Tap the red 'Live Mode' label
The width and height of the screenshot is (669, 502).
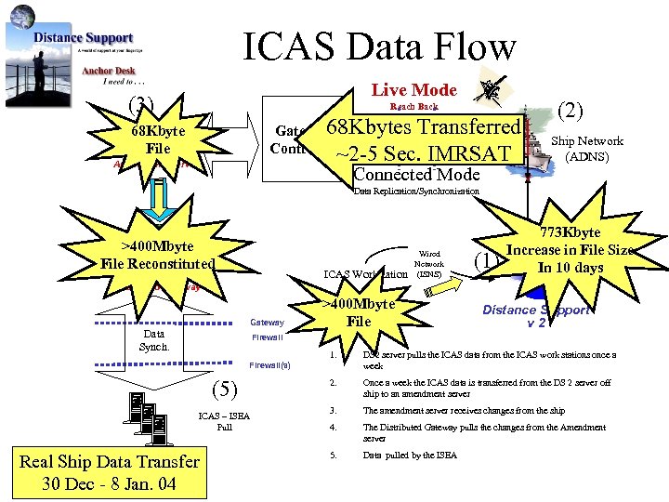[413, 89]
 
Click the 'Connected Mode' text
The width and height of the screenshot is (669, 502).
[416, 175]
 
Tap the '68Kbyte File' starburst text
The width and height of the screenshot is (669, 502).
[158, 139]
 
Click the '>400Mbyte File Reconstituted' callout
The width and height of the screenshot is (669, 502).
[158, 255]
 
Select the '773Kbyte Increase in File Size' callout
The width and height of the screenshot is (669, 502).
[584, 250]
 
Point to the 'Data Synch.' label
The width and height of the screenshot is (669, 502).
[153, 339]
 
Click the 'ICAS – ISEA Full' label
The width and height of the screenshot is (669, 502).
[224, 421]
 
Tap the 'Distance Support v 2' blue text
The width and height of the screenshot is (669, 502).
[537, 316]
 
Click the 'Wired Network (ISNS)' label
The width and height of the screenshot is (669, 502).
[429, 263]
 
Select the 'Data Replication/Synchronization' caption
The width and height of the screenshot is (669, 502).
[416, 192]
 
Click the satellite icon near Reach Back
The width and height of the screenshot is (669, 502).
[490, 91]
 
